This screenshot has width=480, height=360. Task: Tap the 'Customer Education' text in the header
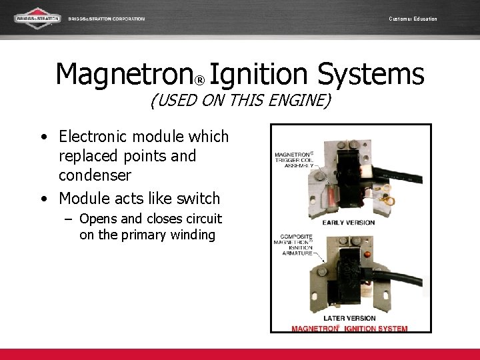click(413, 19)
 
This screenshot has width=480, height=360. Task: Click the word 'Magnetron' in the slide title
click(124, 74)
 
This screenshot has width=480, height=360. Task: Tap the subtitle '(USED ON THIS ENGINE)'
click(240, 101)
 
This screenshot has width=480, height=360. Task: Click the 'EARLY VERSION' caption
click(348, 222)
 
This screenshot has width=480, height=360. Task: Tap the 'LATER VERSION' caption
click(349, 319)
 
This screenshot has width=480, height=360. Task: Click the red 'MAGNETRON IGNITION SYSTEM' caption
click(349, 328)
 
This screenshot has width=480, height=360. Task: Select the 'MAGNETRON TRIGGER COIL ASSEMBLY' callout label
click(293, 161)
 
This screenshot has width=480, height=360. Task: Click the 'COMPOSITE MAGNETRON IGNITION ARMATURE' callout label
click(297, 245)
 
